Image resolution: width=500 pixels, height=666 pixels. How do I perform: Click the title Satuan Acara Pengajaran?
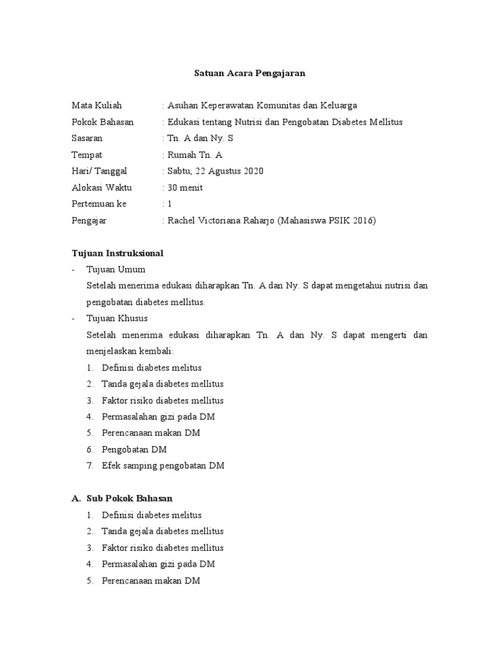[x=250, y=73]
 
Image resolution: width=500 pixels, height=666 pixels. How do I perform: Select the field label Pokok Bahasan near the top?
[x=102, y=122]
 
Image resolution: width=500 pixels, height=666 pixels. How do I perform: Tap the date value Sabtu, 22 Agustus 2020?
[x=215, y=171]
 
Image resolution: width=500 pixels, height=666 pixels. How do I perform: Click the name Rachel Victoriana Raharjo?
[x=221, y=220]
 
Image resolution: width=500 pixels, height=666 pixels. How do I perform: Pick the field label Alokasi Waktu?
[x=102, y=188]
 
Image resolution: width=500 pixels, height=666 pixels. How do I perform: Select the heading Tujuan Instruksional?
[x=117, y=252]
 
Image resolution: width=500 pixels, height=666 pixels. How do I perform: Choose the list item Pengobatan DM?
[x=134, y=449]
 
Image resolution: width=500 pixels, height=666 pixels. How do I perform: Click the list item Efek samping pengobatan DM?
[x=163, y=466]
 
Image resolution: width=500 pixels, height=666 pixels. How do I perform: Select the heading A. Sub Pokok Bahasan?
[x=122, y=498]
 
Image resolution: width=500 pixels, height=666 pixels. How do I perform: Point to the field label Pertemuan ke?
[x=99, y=204]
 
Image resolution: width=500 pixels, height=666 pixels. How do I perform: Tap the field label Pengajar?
[x=89, y=220]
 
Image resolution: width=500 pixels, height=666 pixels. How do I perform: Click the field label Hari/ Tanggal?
[x=100, y=171]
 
